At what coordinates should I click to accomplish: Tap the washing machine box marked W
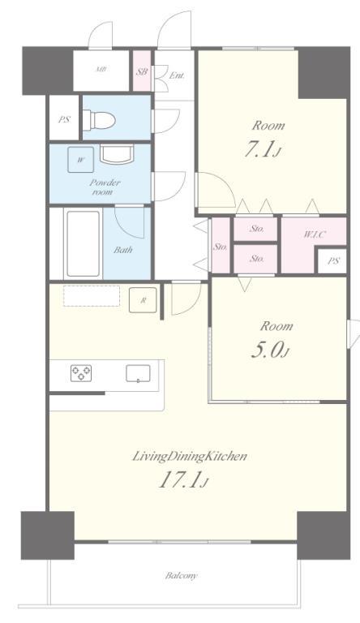(x=80, y=160)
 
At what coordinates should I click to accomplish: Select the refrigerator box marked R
(x=143, y=300)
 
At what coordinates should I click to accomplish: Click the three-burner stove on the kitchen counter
(x=81, y=373)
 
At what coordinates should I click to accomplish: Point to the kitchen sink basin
(x=139, y=373)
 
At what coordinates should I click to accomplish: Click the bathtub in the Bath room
(x=83, y=243)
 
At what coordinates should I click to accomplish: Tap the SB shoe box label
(x=142, y=72)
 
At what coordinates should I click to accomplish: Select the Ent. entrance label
(x=177, y=75)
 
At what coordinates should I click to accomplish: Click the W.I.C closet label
(x=315, y=234)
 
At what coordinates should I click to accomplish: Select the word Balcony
(x=181, y=575)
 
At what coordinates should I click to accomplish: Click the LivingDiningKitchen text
(x=190, y=457)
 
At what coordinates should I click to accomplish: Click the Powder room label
(x=104, y=187)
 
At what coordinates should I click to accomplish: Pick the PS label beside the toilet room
(x=64, y=119)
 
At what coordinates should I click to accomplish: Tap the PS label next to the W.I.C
(x=334, y=261)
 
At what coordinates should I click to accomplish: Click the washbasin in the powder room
(x=117, y=154)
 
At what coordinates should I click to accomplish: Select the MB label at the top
(x=101, y=70)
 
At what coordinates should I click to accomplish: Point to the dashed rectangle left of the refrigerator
(x=92, y=296)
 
